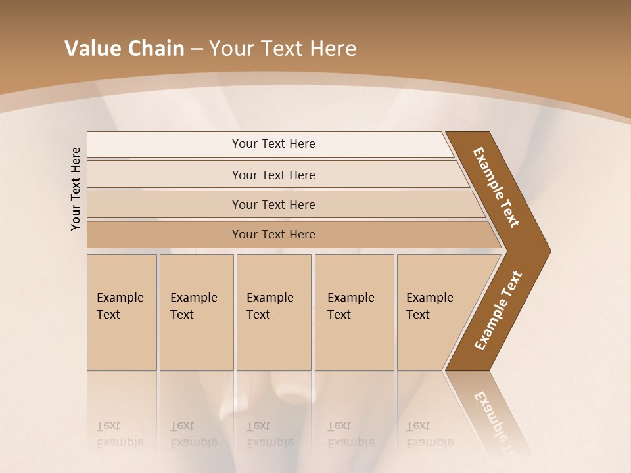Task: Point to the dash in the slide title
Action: [197, 49]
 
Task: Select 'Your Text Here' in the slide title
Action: [283, 49]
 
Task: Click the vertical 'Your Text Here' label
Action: [76, 189]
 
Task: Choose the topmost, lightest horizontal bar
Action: [273, 144]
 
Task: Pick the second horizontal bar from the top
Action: [273, 175]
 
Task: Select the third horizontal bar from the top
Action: [273, 204]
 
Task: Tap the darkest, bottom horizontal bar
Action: [273, 235]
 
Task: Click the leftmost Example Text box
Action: [122, 312]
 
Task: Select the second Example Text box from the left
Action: [196, 312]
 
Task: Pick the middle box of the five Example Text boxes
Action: [273, 312]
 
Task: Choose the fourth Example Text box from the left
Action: [354, 312]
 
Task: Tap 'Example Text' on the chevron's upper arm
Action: [496, 187]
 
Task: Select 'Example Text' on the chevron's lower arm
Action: [498, 310]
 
